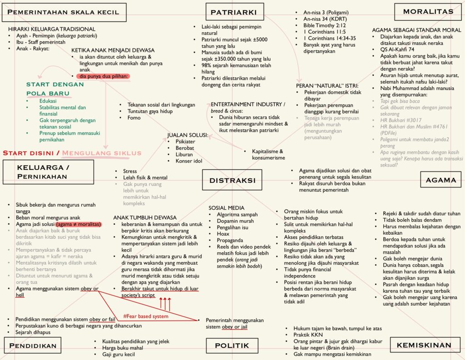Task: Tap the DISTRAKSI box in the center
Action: [x=232, y=180]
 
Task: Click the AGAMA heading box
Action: [x=440, y=180]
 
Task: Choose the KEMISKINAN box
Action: [x=424, y=345]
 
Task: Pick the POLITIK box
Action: [x=232, y=345]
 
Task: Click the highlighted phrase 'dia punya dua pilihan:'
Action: [x=104, y=76]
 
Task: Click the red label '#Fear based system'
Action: [x=146, y=316]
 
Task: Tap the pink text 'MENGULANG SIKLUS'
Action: [x=102, y=153]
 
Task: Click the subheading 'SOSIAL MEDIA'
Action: [x=227, y=207]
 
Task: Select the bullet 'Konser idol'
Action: [x=189, y=161]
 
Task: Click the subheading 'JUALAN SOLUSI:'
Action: [x=188, y=135]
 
